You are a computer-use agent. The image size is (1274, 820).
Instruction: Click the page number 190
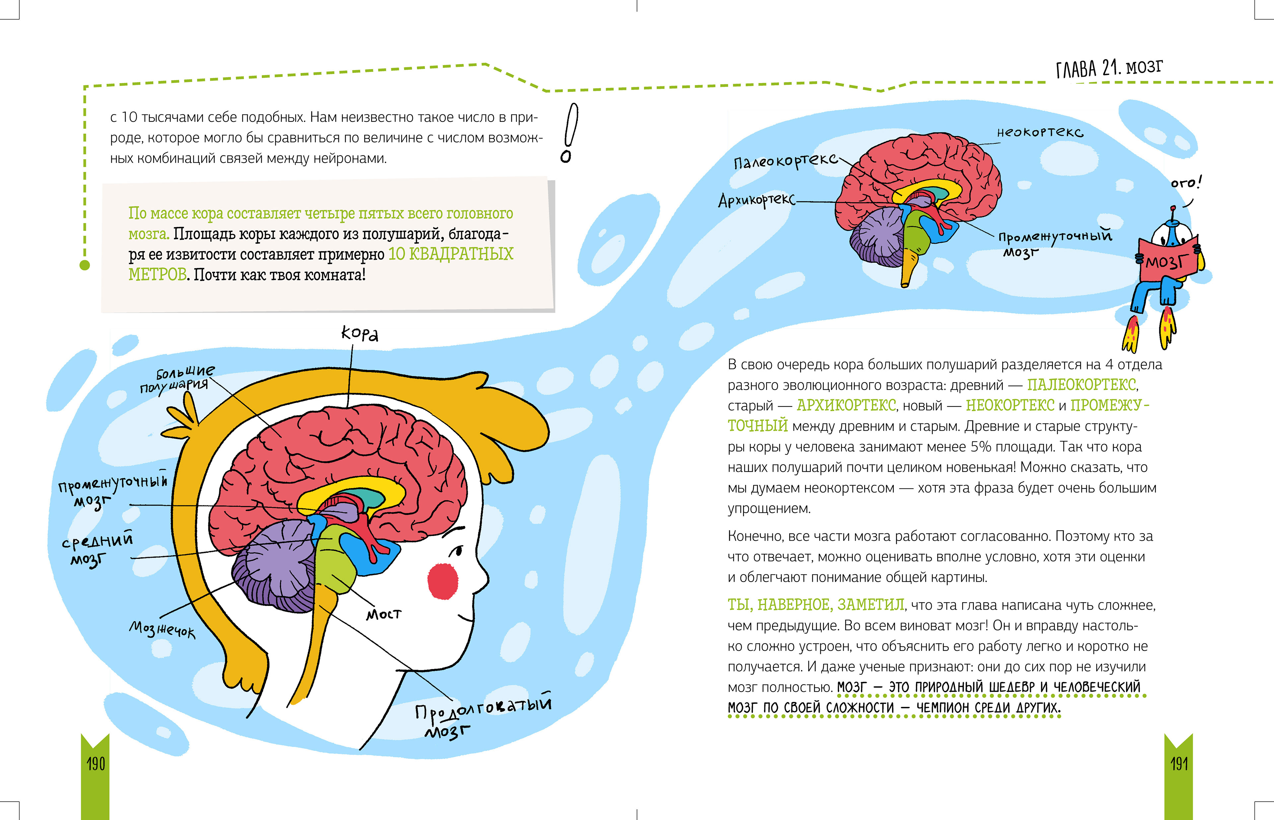click(96, 764)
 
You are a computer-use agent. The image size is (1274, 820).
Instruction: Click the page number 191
click(1179, 764)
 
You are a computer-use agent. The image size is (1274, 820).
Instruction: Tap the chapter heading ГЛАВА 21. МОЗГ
click(1109, 68)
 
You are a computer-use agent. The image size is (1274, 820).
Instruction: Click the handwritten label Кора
click(360, 334)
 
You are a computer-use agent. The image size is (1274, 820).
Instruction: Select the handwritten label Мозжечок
click(162, 630)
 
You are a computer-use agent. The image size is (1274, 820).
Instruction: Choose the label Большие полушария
click(178, 378)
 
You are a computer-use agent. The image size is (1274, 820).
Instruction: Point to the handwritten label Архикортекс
click(756, 200)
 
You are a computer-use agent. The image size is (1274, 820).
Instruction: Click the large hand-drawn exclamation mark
click(569, 133)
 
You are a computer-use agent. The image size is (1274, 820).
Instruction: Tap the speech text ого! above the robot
click(1186, 183)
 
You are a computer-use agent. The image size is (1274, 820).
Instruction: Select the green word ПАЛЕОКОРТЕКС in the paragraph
click(1082, 384)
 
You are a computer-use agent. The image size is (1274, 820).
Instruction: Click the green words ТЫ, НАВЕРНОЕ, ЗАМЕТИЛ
click(815, 605)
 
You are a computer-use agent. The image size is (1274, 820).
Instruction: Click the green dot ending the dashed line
click(85, 264)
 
